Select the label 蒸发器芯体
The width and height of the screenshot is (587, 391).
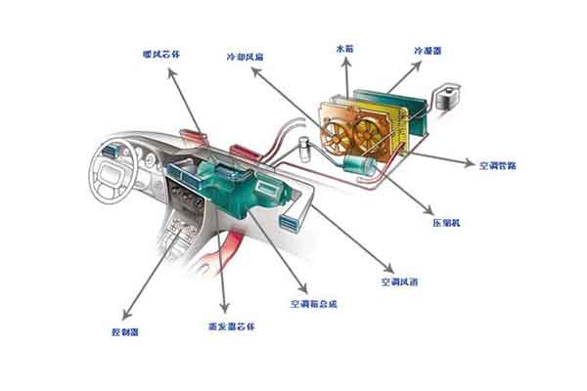tap(223, 326)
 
